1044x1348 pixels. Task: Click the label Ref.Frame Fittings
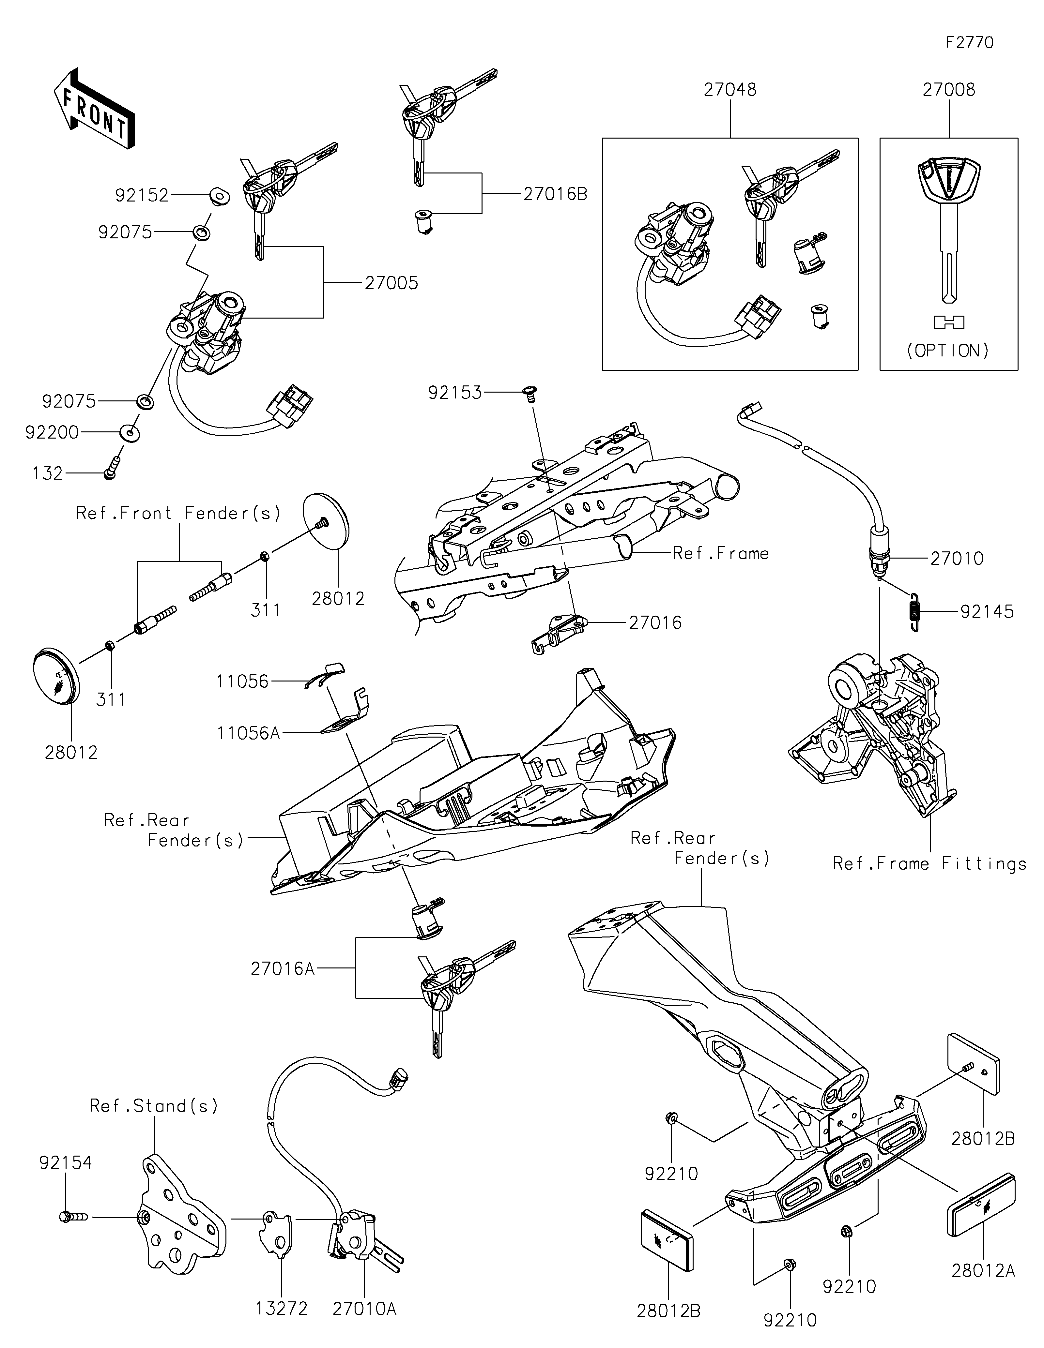[x=929, y=863]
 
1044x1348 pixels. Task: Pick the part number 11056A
[x=248, y=733]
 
